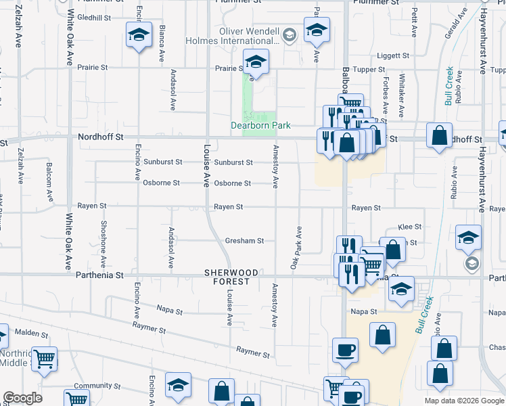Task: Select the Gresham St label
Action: [244, 240]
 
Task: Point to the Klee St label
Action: [410, 227]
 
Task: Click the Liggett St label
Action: [394, 55]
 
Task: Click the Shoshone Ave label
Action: [103, 243]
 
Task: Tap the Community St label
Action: [92, 386]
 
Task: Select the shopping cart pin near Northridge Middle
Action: [44, 359]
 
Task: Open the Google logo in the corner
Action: [24, 398]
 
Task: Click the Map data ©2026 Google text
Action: [464, 401]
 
